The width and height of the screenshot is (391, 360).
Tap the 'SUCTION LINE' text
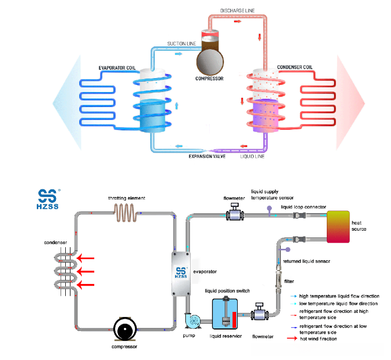coord(181,43)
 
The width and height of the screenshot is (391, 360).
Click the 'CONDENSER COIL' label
coord(295,67)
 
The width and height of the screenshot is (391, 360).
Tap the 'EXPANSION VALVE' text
coord(207,156)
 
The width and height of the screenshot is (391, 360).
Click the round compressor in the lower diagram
coord(124,328)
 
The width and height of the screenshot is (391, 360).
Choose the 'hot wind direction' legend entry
coord(321,339)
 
